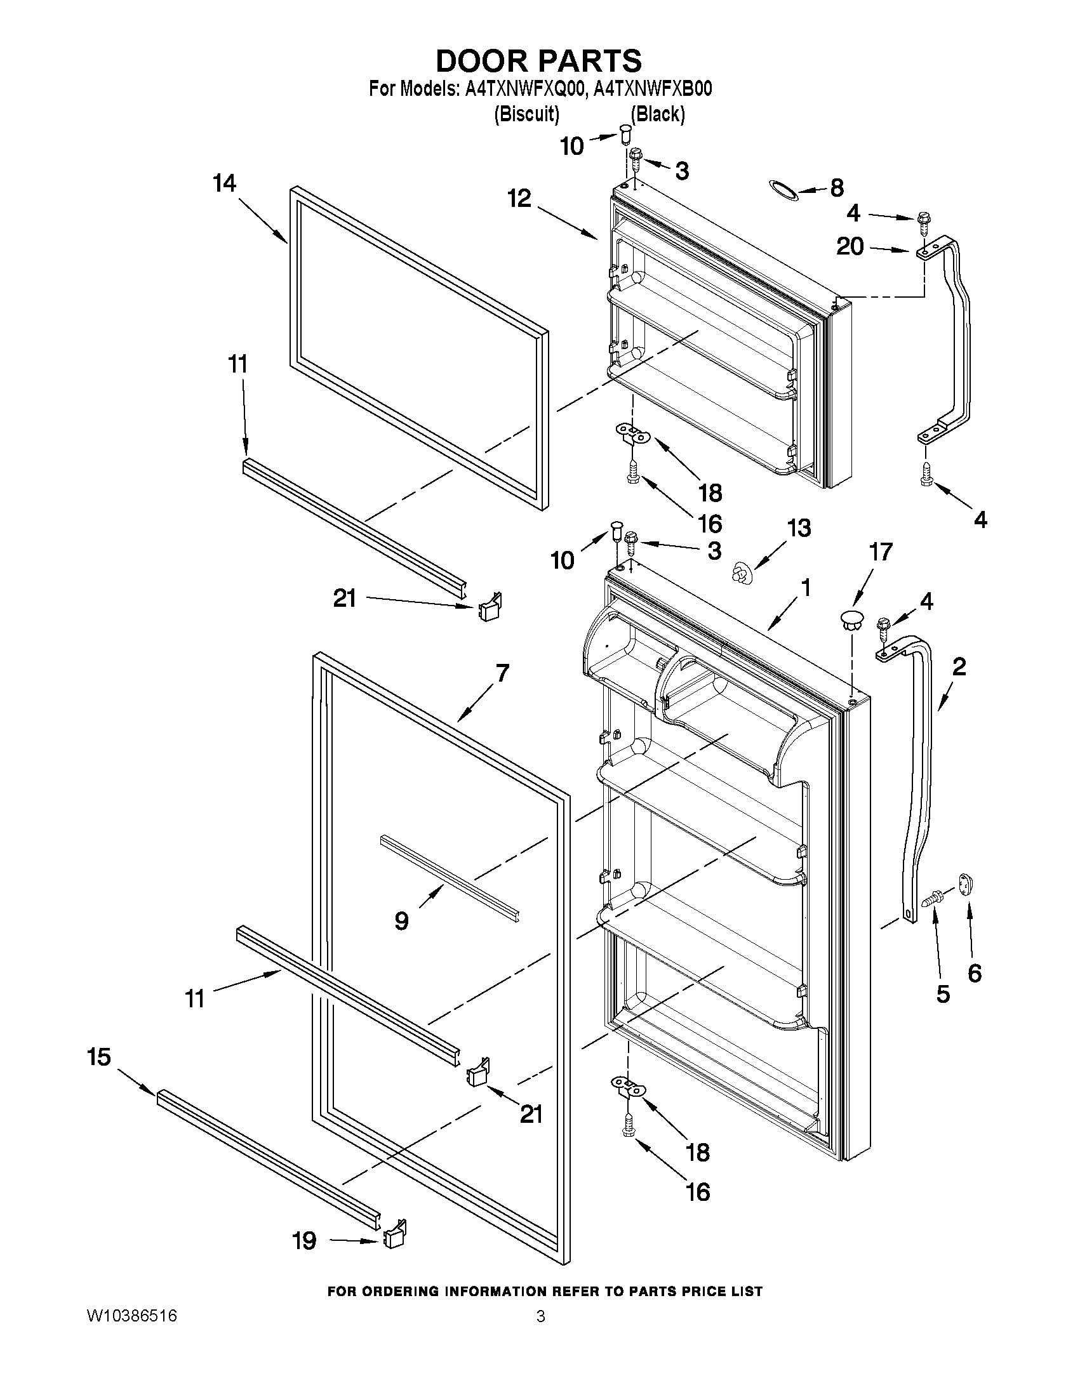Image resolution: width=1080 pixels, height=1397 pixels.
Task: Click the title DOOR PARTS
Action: coord(538,61)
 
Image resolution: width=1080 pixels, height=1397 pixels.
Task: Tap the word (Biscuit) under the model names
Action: coord(526,114)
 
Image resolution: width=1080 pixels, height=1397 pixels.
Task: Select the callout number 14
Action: coord(224,184)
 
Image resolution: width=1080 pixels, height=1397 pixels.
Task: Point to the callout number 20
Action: coord(850,246)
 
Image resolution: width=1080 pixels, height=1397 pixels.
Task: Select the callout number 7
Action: coord(502,673)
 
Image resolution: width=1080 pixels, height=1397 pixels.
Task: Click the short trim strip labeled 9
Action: coord(449,877)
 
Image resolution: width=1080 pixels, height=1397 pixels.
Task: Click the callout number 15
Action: coord(99,1057)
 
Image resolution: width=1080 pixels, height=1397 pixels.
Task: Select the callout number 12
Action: coord(519,199)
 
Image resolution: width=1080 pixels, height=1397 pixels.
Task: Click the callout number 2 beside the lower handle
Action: coord(959,667)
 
